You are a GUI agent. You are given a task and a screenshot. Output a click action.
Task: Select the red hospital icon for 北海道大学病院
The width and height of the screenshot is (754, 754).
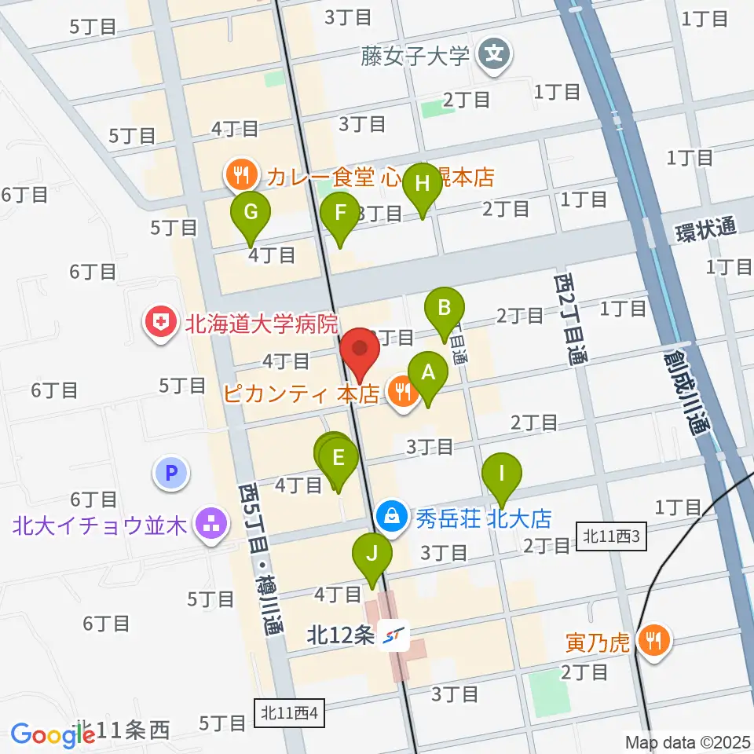point(160,323)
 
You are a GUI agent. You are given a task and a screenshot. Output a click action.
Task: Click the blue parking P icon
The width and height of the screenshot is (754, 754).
point(172,474)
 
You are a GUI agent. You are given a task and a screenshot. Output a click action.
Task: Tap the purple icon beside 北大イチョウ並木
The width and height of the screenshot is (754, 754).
point(211,524)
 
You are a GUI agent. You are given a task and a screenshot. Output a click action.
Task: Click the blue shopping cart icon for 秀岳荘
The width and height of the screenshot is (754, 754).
point(390,518)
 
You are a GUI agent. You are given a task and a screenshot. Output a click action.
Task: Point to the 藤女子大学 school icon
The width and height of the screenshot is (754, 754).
point(495,56)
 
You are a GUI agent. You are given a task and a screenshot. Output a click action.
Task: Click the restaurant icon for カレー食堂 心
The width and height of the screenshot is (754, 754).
point(238,174)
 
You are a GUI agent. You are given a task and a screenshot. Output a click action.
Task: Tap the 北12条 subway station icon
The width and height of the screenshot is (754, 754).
point(394,635)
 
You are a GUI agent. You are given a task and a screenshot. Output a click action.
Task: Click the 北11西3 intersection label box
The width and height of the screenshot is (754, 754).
point(613,537)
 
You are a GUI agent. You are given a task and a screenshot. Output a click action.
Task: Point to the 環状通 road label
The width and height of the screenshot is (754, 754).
point(706,229)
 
